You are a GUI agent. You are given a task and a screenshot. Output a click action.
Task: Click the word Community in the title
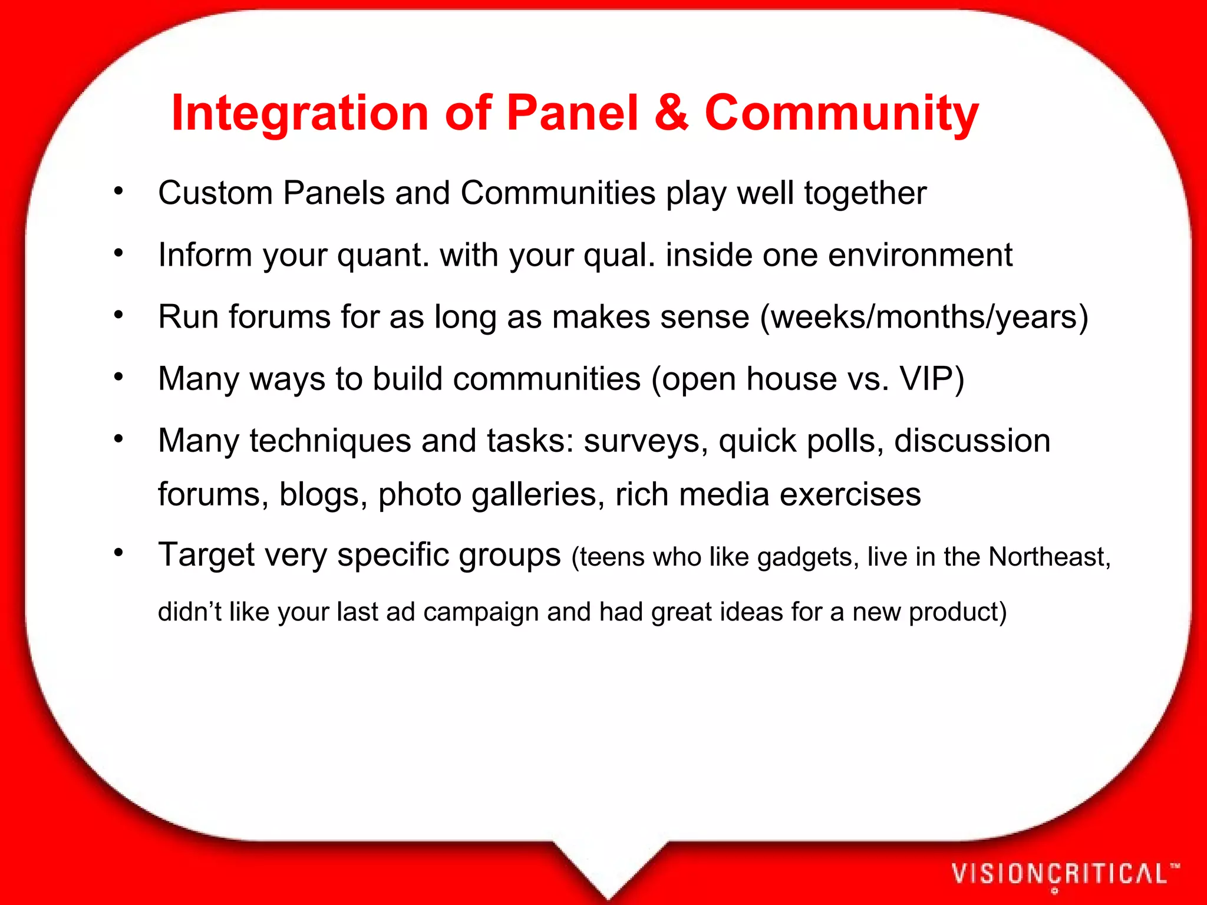click(x=842, y=113)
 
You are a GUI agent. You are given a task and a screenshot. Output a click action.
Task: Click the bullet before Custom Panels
click(x=118, y=191)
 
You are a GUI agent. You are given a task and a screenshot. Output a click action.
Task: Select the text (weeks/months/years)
click(x=924, y=317)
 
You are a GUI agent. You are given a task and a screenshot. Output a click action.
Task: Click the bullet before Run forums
click(x=118, y=315)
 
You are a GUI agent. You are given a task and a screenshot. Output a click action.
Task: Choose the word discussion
click(x=972, y=441)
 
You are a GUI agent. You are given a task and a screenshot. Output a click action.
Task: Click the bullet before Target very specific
click(x=118, y=553)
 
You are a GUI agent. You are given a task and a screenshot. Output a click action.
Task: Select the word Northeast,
click(x=1049, y=557)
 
